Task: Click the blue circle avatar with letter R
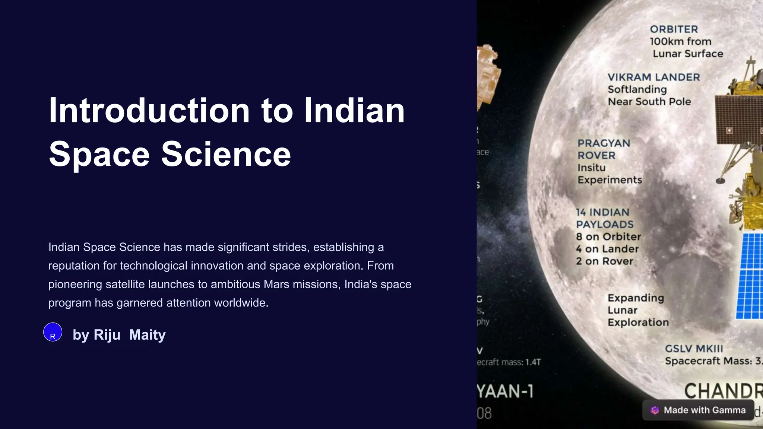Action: click(x=53, y=332)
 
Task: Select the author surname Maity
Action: click(x=147, y=335)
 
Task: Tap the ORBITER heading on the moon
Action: click(x=674, y=29)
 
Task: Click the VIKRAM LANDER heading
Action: click(x=653, y=77)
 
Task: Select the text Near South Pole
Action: click(x=649, y=102)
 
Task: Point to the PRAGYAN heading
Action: click(x=604, y=143)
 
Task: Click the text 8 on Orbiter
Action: click(x=608, y=237)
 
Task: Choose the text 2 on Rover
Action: click(x=604, y=261)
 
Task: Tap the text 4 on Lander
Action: click(x=607, y=249)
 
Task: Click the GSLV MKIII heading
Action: click(x=694, y=349)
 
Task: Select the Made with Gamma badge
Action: click(x=698, y=410)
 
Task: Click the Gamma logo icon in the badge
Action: click(x=655, y=410)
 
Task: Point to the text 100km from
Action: click(x=680, y=42)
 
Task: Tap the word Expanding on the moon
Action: click(x=636, y=298)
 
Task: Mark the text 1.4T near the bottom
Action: click(x=533, y=362)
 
